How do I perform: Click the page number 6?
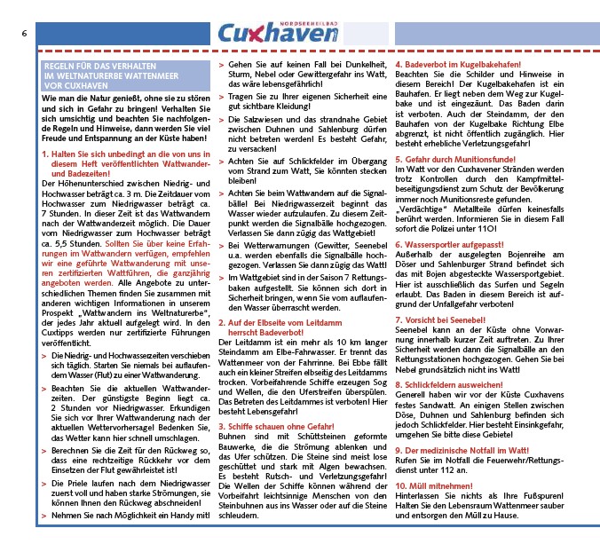tap(23, 33)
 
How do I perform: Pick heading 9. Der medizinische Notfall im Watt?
tap(469, 452)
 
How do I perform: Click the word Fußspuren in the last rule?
tap(539, 497)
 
